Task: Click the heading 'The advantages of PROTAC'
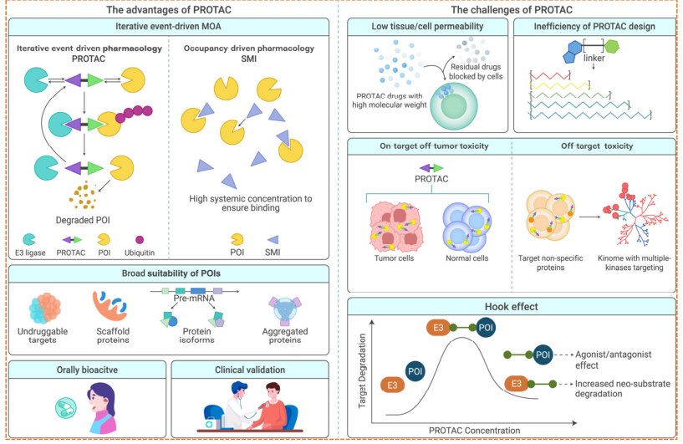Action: coord(168,11)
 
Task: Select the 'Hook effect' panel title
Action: coord(511,308)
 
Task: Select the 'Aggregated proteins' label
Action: coord(286,337)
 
